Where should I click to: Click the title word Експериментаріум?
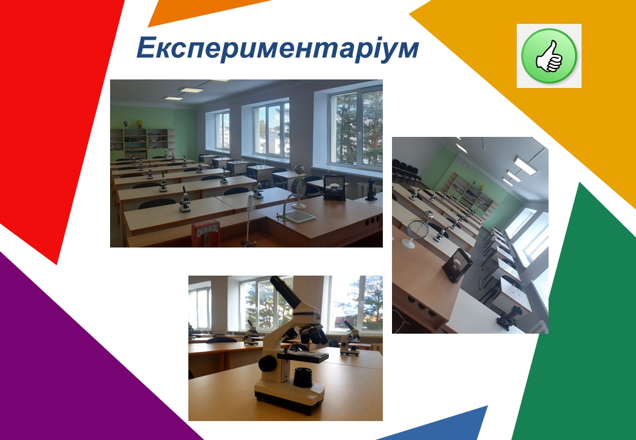point(278,48)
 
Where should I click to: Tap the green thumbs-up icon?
point(549,56)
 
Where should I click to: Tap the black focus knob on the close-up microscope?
point(267,364)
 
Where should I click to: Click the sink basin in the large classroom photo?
point(300,216)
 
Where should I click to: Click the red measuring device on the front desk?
point(205,234)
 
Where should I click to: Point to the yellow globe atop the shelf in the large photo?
point(140,123)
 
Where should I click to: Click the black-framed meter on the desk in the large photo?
point(334,187)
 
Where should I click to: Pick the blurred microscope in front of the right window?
point(350,340)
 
